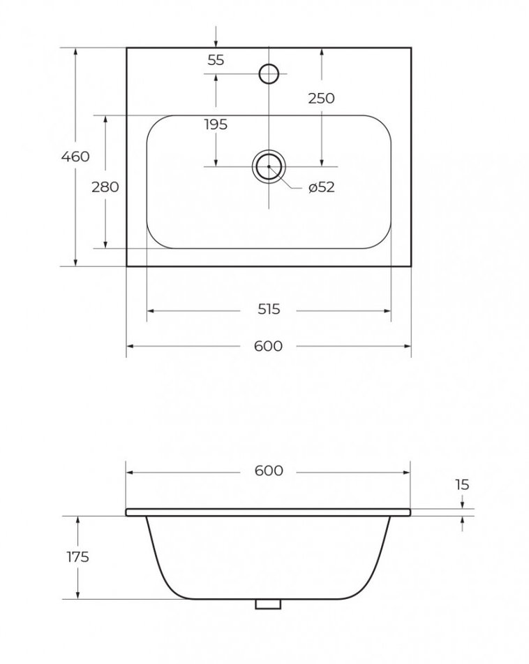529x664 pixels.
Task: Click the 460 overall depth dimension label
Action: (75, 157)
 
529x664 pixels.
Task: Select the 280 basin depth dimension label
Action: (105, 187)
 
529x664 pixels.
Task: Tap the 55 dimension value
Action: (216, 61)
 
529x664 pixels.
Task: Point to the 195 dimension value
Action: (216, 124)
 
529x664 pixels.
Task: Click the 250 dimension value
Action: (321, 99)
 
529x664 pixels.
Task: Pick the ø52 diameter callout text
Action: (322, 187)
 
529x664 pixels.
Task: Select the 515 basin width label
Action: (269, 310)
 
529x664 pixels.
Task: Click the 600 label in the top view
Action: (269, 347)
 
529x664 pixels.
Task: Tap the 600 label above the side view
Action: (269, 471)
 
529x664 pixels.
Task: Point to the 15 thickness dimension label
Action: (462, 484)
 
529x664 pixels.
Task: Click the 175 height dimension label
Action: (77, 557)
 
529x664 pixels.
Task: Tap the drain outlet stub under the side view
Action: (268, 604)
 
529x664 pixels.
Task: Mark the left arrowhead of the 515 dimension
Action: (150, 311)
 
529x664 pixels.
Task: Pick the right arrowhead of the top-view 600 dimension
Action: (408, 347)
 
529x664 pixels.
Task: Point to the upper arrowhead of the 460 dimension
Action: (75, 51)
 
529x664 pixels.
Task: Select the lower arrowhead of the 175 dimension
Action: (77, 596)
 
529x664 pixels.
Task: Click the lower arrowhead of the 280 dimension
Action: (105, 245)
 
